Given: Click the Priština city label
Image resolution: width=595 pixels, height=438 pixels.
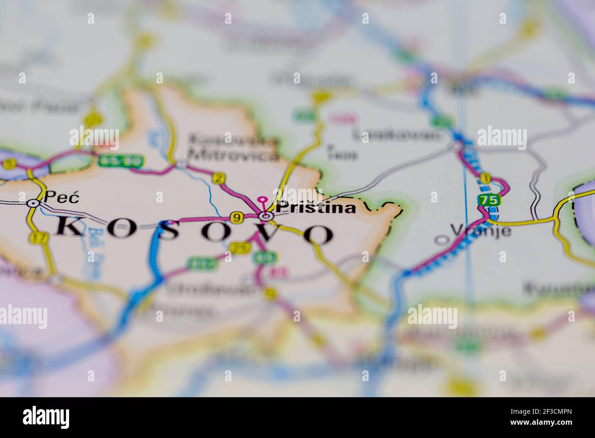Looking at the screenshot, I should click(316, 208).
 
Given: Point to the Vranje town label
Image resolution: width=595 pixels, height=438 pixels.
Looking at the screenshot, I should click(481, 230).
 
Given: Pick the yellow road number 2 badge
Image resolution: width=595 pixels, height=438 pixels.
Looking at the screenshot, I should click(220, 178).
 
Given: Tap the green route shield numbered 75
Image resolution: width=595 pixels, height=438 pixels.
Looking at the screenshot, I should click(488, 200).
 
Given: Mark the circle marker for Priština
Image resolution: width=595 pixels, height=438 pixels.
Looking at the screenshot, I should click(265, 215).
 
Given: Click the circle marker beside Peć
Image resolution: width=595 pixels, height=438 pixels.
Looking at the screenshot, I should click(32, 203).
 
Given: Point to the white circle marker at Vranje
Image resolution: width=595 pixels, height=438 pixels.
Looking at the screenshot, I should click(441, 240).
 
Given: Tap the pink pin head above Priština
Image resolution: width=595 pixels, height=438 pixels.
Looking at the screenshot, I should click(262, 200).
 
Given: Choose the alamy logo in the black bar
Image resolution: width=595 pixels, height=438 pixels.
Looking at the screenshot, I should click(46, 417).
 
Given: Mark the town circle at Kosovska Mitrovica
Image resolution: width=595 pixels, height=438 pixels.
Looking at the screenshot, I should click(182, 163).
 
